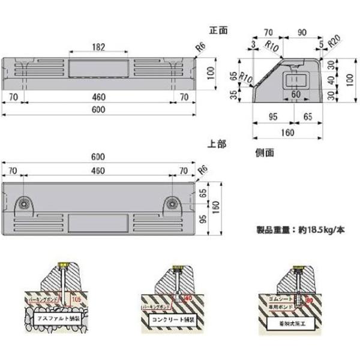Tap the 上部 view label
[217, 144]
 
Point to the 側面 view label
[264, 152]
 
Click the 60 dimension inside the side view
[296, 94]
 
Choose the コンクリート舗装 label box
[173, 317]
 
